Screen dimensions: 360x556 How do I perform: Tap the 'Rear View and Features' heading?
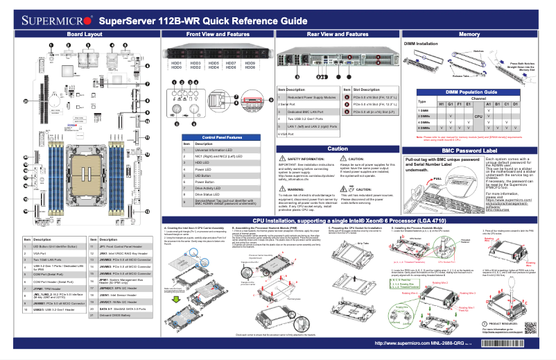pyautogui.click(x=337, y=34)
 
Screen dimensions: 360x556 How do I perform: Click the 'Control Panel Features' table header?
pyautogui.click(x=216, y=138)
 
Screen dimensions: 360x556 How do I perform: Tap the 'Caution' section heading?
pyautogui.click(x=337, y=148)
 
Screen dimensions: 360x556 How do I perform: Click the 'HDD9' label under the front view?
pyautogui.click(x=250, y=63)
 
